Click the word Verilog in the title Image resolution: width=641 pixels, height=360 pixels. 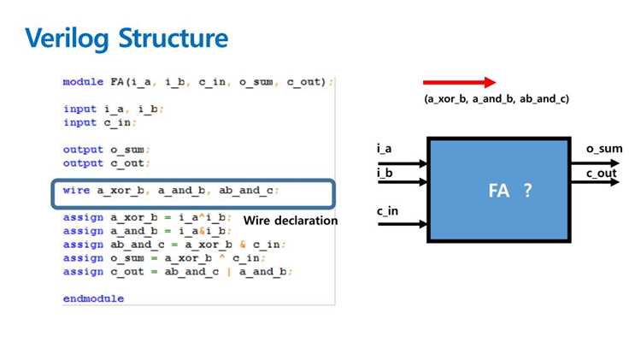(67, 38)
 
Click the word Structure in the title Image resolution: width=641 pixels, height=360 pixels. (173, 38)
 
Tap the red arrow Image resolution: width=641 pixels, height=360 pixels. (460, 82)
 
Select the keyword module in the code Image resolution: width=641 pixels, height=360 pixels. (83, 82)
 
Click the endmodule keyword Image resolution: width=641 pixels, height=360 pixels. (93, 298)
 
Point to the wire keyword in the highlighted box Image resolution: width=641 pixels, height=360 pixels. (76, 190)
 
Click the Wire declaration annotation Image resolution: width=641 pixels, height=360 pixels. (291, 221)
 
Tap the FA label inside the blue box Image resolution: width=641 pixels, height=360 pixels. (499, 191)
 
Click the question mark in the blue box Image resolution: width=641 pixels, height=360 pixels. (528, 190)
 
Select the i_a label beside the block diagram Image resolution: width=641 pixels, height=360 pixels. (384, 149)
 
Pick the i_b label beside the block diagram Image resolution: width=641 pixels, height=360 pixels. (385, 173)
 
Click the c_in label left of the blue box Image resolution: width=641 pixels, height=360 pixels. (387, 211)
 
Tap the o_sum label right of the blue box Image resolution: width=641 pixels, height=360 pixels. (604, 149)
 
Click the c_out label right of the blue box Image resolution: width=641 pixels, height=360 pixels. (601, 174)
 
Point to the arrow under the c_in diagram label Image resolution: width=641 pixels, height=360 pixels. (403, 224)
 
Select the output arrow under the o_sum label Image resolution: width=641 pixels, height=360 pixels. (595, 163)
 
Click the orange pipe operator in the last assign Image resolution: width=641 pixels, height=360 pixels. (229, 272)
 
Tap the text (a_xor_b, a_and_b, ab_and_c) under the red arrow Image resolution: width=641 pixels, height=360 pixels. (497, 99)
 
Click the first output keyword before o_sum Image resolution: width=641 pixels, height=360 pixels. (83, 150)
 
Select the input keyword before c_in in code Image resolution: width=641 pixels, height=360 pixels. (79, 123)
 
